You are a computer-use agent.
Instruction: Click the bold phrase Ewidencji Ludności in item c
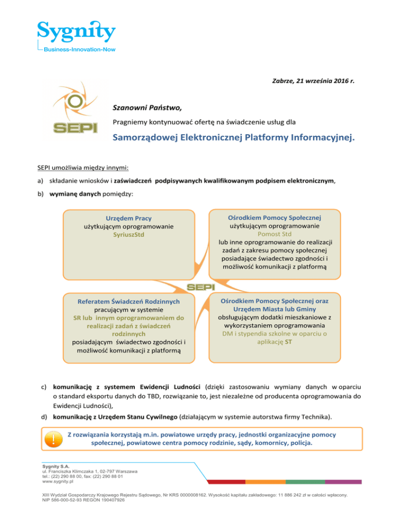pyautogui.click(x=174, y=385)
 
